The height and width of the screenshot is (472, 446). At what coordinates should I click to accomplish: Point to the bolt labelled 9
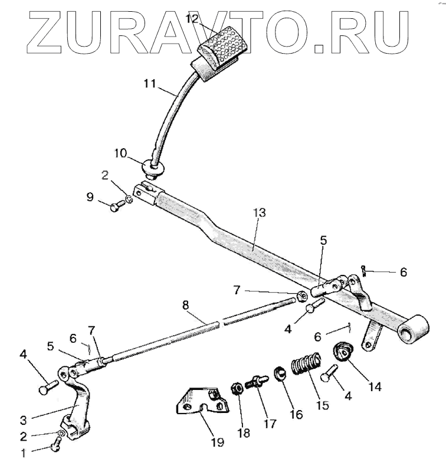point(119,206)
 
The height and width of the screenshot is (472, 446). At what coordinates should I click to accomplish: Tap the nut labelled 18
point(234,389)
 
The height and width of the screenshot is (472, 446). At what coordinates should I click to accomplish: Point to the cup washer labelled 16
point(280,375)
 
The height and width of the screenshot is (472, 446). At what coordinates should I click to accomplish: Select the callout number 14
point(375,387)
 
